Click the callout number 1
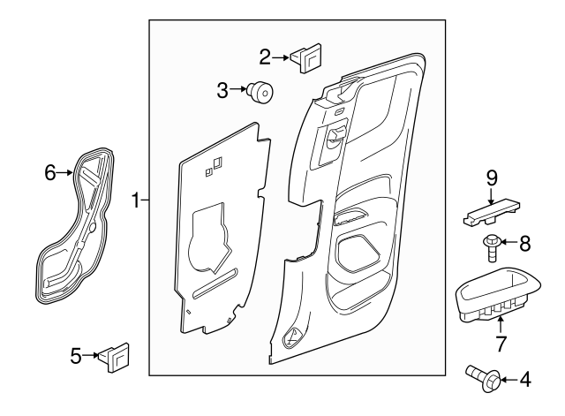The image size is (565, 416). click(136, 200)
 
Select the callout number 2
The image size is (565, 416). click(265, 57)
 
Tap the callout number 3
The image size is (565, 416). click(223, 89)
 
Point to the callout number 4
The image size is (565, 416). click(526, 381)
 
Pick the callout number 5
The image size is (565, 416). click(76, 356)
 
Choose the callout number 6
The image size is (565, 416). click(50, 172)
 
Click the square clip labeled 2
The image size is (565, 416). click(305, 58)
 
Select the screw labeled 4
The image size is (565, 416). click(481, 381)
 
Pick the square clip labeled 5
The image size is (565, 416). click(115, 355)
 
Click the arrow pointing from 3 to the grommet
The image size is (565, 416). click(239, 89)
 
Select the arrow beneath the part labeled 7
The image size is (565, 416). click(501, 322)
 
